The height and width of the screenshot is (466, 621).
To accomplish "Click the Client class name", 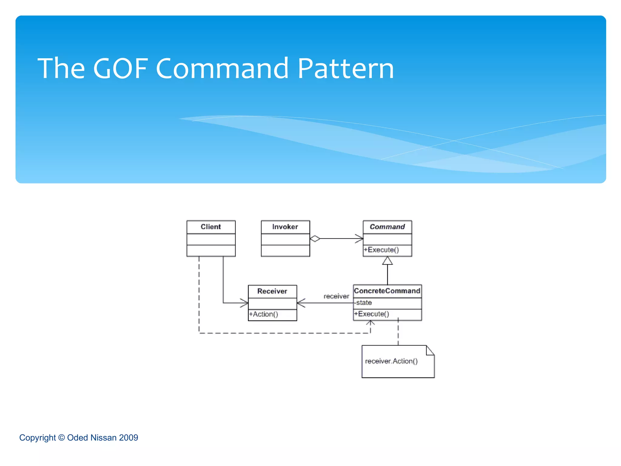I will pos(211,227).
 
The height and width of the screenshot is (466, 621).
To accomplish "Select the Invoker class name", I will pos(285,227).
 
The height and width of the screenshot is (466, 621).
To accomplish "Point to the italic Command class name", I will pos(387,227).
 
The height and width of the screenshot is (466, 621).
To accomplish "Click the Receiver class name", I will pos(272,291).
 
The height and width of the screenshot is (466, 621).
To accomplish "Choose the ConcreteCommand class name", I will pos(387,291).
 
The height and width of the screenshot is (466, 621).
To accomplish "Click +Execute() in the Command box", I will pos(381,250).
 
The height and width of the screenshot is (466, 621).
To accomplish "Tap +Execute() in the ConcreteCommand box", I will pos(372,314).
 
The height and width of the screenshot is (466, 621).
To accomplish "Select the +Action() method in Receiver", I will pos(264,314).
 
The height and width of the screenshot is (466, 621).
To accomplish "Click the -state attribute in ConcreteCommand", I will pos(363,303).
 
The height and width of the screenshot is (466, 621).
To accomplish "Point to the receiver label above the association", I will pos(336,296).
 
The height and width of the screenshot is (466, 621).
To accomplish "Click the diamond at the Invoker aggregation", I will pos(315,239).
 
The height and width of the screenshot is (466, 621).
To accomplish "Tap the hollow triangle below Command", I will pos(387,261).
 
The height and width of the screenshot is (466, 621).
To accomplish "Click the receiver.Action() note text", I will pos(391,361).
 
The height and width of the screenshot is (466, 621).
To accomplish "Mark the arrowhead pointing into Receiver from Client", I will pos(245,303).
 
